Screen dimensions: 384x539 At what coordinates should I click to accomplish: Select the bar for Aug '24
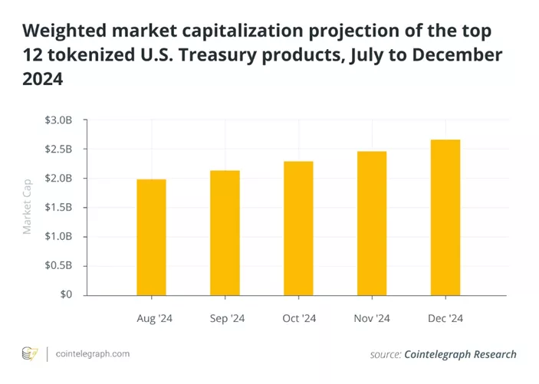click(x=151, y=237)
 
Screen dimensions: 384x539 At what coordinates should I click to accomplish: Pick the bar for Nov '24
click(x=372, y=223)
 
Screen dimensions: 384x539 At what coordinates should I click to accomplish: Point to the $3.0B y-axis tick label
click(x=58, y=120)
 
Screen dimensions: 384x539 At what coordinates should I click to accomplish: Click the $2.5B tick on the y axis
click(x=58, y=149)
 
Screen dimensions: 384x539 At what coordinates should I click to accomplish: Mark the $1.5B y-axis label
click(x=58, y=208)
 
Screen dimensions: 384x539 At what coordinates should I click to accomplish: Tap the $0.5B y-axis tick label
click(x=58, y=266)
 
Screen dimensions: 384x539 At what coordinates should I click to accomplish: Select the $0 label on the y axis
click(x=67, y=295)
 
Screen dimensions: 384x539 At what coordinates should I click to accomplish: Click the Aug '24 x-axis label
click(x=151, y=318)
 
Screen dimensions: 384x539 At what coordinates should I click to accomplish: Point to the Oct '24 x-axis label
click(x=298, y=318)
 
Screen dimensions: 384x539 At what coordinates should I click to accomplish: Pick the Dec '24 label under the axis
click(x=445, y=318)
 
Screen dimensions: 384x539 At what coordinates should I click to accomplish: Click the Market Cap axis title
click(x=28, y=208)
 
